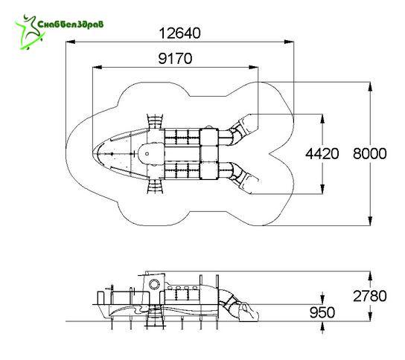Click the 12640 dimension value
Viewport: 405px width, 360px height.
179,33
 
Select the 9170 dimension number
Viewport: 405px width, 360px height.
175,58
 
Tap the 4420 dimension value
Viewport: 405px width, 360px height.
322,154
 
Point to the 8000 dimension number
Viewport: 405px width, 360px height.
370,153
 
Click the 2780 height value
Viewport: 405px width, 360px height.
370,296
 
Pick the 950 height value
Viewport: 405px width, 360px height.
322,312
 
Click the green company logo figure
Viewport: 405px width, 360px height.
30,32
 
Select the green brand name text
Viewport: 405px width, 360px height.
71,25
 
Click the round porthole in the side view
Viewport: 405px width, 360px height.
155,284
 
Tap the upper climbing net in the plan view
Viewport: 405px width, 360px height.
156,121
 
